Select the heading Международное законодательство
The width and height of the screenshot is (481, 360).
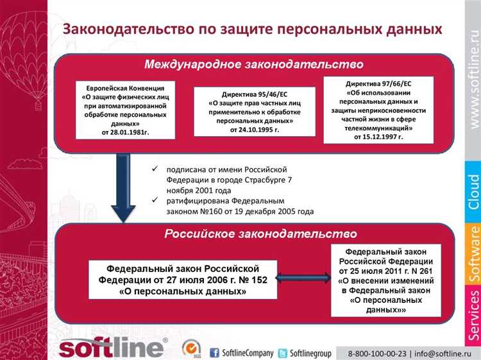(254, 65)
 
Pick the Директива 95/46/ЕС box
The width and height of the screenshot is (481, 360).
(255, 111)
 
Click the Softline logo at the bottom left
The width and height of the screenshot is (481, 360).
(113, 348)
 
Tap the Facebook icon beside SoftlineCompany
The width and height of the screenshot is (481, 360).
(215, 352)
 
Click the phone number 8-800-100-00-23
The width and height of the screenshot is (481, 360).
(376, 352)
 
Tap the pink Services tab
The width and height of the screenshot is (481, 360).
(473, 314)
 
